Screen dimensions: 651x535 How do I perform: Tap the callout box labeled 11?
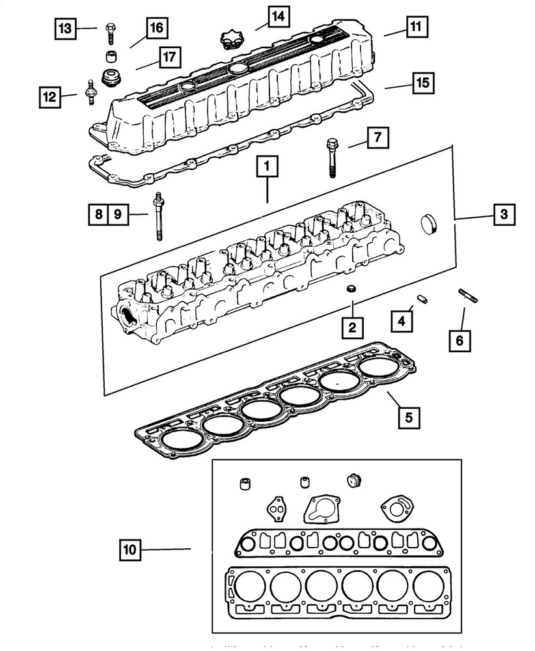click(414, 27)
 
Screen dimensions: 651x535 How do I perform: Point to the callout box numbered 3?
click(504, 214)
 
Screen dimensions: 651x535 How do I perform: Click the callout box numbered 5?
click(408, 416)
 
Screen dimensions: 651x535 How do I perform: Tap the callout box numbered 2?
click(351, 328)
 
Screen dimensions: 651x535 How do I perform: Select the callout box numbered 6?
click(460, 340)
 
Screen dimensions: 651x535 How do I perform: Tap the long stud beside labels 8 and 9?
click(158, 215)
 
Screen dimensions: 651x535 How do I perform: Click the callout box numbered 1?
click(267, 167)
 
